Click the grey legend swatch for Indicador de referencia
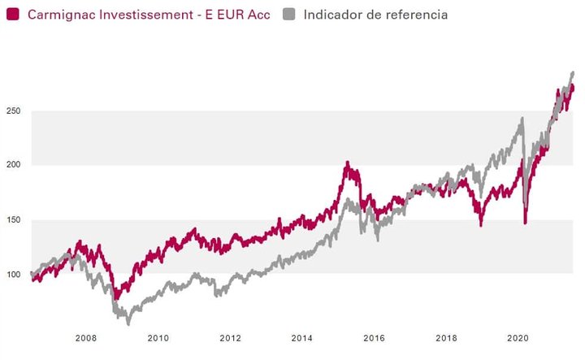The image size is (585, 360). pyautogui.click(x=290, y=15)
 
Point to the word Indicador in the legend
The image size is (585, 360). pyautogui.click(x=333, y=15)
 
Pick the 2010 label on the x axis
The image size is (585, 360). pyautogui.click(x=158, y=337)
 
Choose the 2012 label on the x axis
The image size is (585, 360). pyautogui.click(x=230, y=337)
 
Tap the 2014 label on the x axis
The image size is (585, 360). pyautogui.click(x=302, y=337)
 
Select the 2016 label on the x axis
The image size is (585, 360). pyautogui.click(x=374, y=337)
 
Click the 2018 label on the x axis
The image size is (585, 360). pyautogui.click(x=446, y=337)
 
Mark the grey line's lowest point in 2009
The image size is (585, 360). pyautogui.click(x=128, y=323)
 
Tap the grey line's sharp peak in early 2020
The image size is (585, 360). pyautogui.click(x=522, y=119)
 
